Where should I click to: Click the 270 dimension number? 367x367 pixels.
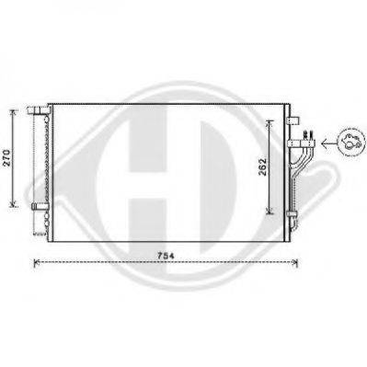(x=7, y=157)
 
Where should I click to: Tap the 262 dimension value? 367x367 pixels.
(x=263, y=166)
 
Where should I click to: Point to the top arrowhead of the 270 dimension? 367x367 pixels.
(x=13, y=112)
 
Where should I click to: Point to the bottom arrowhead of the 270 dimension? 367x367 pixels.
(x=13, y=203)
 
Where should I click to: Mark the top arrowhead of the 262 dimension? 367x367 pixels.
(x=270, y=122)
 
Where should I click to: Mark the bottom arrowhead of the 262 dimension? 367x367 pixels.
(x=270, y=211)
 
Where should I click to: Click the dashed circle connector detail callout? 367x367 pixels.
(x=351, y=142)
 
